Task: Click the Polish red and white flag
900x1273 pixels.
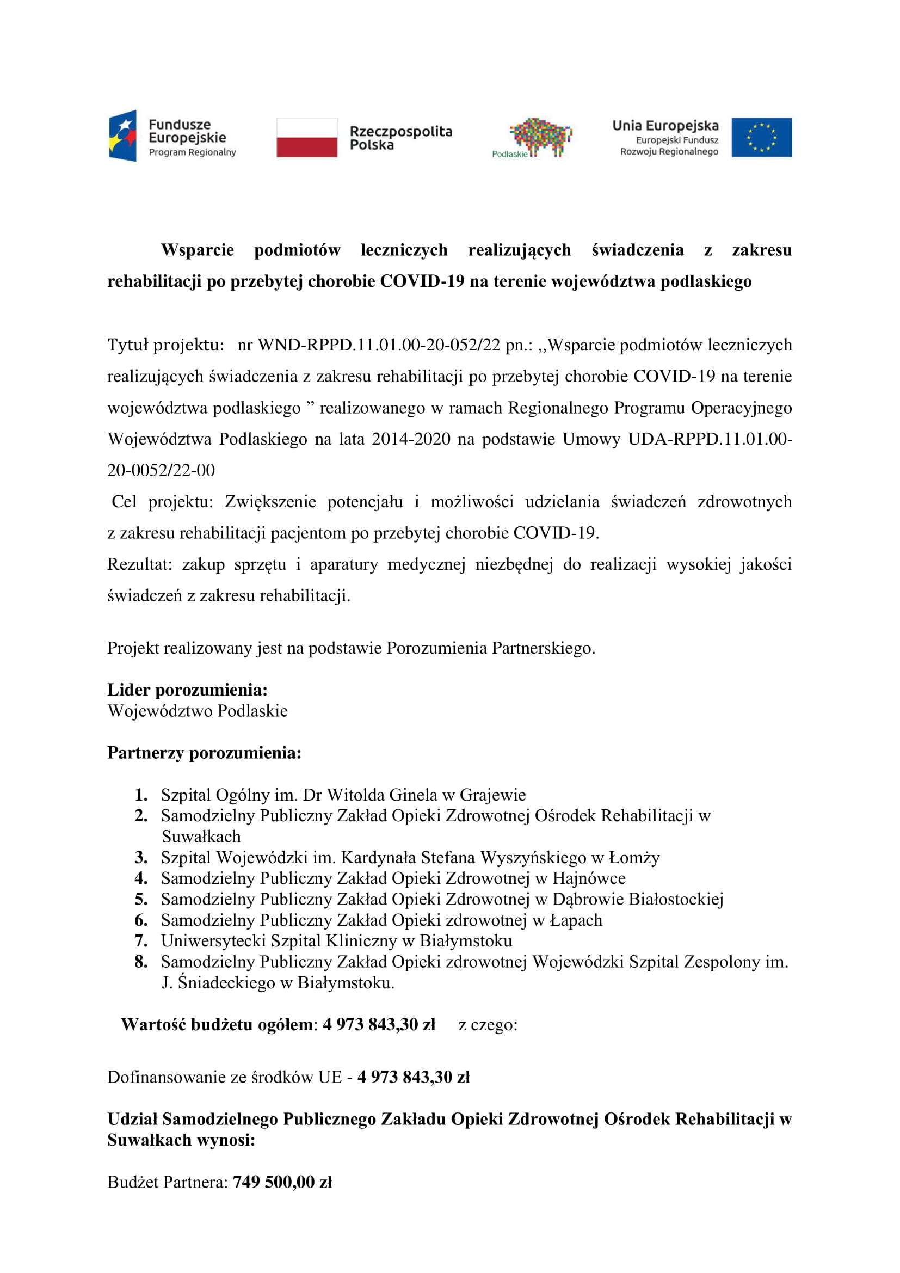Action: pos(306,137)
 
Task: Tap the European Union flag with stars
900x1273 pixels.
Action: pos(761,137)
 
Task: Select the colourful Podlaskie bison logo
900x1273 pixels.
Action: pos(540,136)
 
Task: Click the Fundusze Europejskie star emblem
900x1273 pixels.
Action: pos(122,136)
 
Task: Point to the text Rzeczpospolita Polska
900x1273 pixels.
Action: pos(400,138)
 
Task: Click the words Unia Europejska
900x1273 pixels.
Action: pos(665,126)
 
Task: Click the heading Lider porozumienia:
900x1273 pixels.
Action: pos(187,690)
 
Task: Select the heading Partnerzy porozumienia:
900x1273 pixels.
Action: pos(204,752)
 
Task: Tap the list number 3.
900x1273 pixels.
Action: pos(141,858)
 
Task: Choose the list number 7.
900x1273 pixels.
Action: pos(141,941)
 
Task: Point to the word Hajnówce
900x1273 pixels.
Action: pos(589,878)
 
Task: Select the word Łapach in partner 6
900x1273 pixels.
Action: pos(575,920)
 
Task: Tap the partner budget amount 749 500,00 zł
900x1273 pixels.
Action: pos(282,1182)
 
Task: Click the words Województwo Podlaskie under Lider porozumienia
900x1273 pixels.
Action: pos(198,711)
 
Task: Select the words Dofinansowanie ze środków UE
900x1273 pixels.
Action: pos(224,1077)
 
